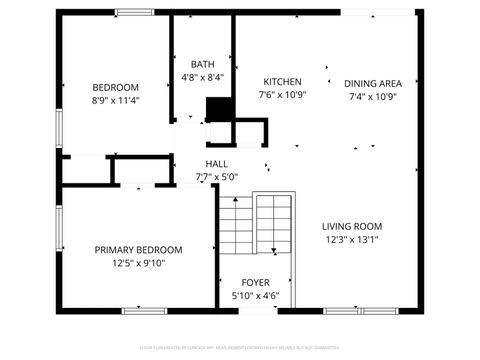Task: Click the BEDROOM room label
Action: coord(115,87)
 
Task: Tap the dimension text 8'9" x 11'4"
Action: coord(115,101)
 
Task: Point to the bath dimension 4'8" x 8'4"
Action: coord(203,77)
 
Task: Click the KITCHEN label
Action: coord(282,82)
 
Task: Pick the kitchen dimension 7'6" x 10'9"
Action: coord(283,96)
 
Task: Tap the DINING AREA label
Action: coord(373,83)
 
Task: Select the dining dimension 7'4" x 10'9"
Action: coord(373,97)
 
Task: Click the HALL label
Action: coord(217,164)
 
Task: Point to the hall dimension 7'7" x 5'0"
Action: coord(217,177)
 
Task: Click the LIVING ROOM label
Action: coord(352,226)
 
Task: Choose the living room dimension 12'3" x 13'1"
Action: coord(352,240)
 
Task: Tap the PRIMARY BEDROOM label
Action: coord(138,250)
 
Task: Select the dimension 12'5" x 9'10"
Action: coord(138,264)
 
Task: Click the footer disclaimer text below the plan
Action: coord(240,349)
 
